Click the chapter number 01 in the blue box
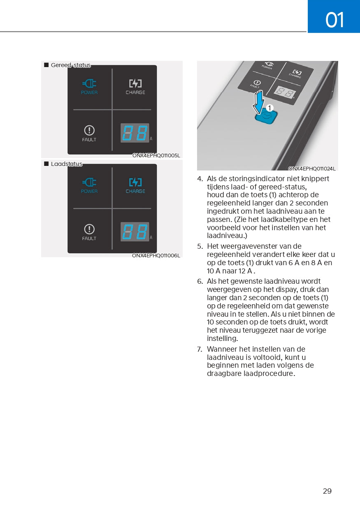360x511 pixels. [334, 19]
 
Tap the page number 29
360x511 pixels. [327, 491]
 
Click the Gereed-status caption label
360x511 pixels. [70, 65]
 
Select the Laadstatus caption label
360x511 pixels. [66, 164]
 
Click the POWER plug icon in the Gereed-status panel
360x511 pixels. [89, 84]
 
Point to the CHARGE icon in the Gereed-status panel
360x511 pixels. [135, 84]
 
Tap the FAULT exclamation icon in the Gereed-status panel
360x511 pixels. [89, 131]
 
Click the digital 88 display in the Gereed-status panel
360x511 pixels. [135, 133]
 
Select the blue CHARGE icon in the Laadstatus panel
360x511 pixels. [135, 182]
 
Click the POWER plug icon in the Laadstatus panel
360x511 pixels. [89, 182]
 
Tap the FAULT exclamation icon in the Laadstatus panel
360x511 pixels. [89, 229]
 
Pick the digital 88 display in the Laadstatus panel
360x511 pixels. [135, 232]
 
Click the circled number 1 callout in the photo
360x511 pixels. [269, 108]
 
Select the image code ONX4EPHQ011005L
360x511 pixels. [156, 156]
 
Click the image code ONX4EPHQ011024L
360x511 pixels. [312, 168]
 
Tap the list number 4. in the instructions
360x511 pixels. [200, 179]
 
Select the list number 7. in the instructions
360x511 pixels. [200, 349]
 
